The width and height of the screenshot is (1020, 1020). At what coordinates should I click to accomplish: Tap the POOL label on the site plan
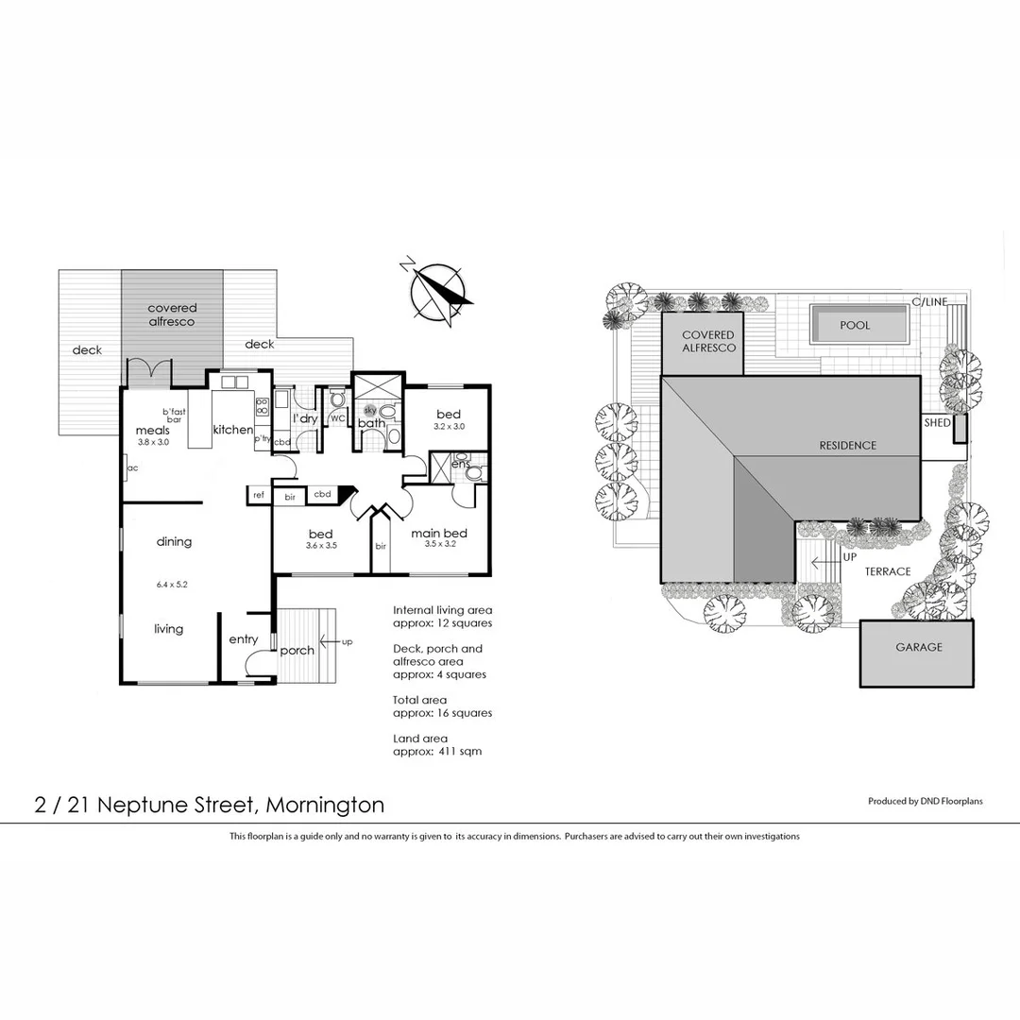coord(855,325)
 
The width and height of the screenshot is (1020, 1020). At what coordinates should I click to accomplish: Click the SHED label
coord(937,423)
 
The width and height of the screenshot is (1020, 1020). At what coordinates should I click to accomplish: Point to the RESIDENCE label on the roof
coord(847,446)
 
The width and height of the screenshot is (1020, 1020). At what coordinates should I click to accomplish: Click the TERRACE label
coord(888,571)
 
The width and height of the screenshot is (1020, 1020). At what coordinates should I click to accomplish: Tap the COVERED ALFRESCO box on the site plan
coord(707,342)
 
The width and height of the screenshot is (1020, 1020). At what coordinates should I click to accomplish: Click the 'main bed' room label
coord(439,534)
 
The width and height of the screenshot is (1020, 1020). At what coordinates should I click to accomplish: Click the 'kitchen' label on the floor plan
coord(232,430)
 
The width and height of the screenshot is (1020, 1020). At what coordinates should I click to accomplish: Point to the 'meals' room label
coord(152,431)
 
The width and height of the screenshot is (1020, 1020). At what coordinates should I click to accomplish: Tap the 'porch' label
coord(297,651)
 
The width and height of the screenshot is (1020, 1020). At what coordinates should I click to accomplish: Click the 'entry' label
coord(243,639)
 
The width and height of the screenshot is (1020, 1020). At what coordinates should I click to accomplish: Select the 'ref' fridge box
coord(258,494)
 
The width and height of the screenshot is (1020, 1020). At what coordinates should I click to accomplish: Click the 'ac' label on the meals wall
coord(133,467)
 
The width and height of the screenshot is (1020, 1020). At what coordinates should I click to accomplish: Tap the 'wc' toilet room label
coord(337,418)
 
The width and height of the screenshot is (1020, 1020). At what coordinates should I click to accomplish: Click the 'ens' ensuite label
coord(460,465)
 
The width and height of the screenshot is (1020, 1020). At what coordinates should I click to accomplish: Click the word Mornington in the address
coord(325,806)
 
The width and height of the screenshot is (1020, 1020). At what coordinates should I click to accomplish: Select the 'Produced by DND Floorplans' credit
coord(925,801)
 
